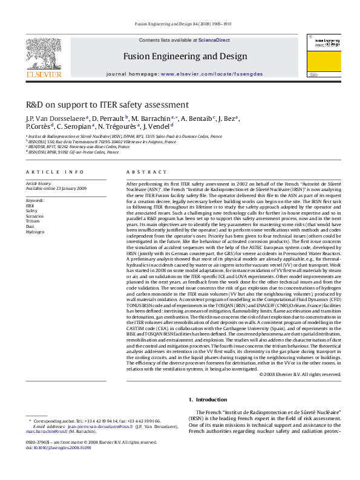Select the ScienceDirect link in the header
[x=214, y=40]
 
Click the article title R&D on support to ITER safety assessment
[x=107, y=105]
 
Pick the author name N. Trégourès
[x=120, y=127]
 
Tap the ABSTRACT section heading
[x=140, y=172]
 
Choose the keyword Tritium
[x=33, y=221]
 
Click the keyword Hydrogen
[x=34, y=232]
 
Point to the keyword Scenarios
[x=34, y=216]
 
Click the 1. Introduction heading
[x=208, y=400]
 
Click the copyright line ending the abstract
[x=299, y=374]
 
